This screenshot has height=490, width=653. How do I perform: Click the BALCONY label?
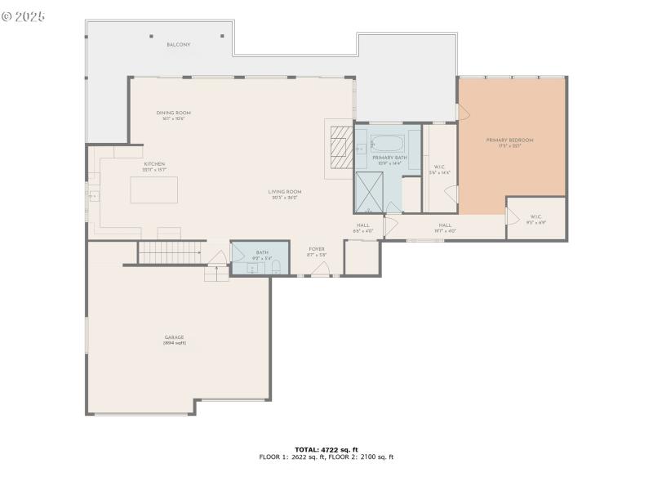point(179,45)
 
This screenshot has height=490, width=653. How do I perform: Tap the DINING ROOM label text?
point(173,113)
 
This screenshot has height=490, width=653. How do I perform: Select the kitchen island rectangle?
point(155,189)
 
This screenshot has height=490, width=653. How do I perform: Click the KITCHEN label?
point(154,164)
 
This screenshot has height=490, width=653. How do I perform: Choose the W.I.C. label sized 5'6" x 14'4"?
point(439,169)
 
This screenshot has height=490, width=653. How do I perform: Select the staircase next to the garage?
point(170,252)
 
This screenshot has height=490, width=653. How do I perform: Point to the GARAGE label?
point(174,336)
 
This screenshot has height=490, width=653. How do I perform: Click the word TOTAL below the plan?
point(306,449)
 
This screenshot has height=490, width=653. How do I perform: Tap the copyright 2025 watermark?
point(24,16)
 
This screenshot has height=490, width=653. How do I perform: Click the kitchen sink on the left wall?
point(94,196)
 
